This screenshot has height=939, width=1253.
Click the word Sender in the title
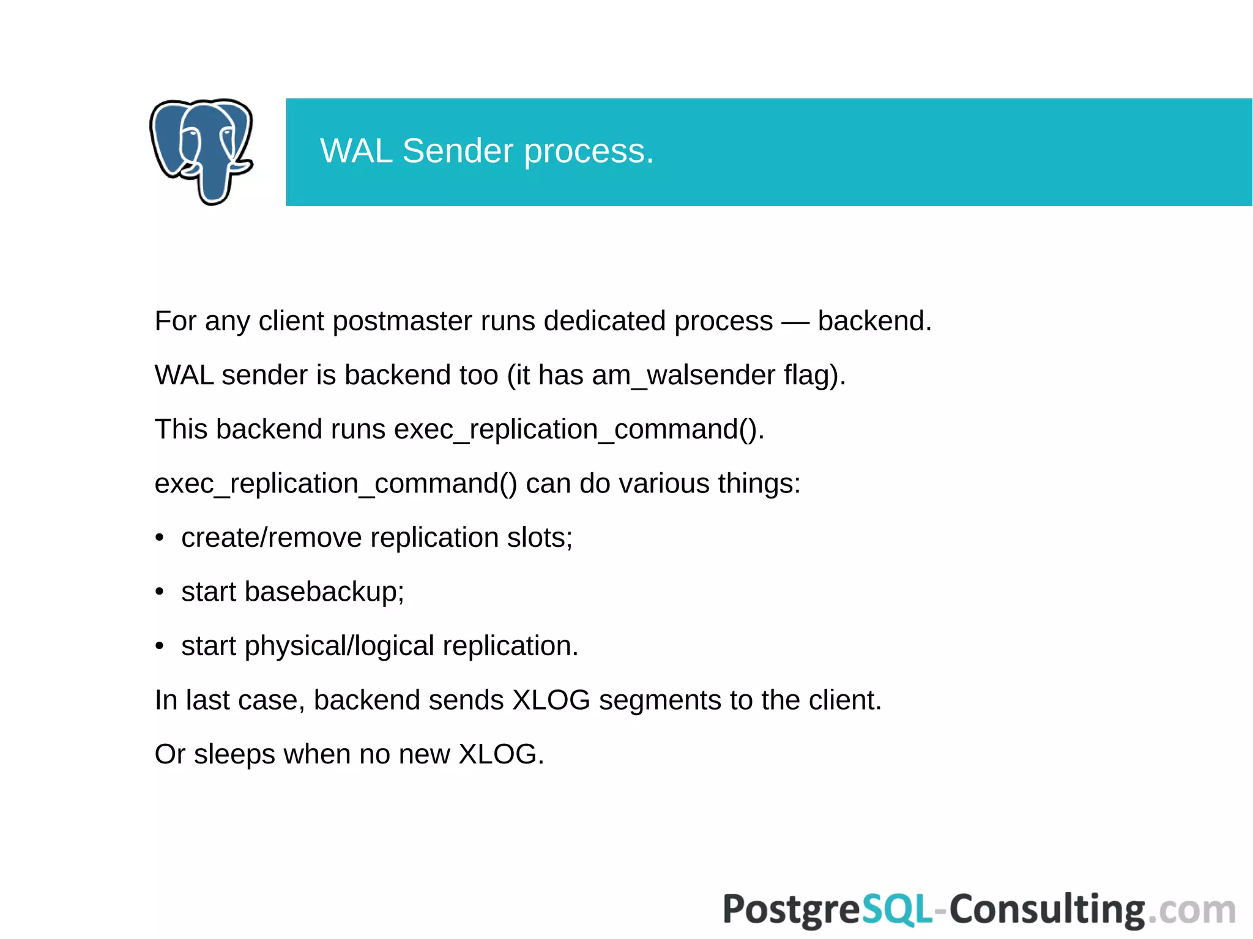(458, 151)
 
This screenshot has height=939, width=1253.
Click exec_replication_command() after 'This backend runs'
(578, 429)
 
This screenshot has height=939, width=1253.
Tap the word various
(664, 483)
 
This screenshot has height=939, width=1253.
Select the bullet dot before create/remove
(160, 538)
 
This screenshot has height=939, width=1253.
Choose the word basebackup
(324, 592)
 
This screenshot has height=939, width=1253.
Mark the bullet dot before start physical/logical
(160, 646)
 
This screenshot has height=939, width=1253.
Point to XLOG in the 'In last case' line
(551, 700)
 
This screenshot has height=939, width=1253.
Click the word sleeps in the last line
(234, 754)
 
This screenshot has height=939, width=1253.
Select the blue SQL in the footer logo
(897, 909)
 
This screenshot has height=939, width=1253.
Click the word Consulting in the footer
(1047, 910)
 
